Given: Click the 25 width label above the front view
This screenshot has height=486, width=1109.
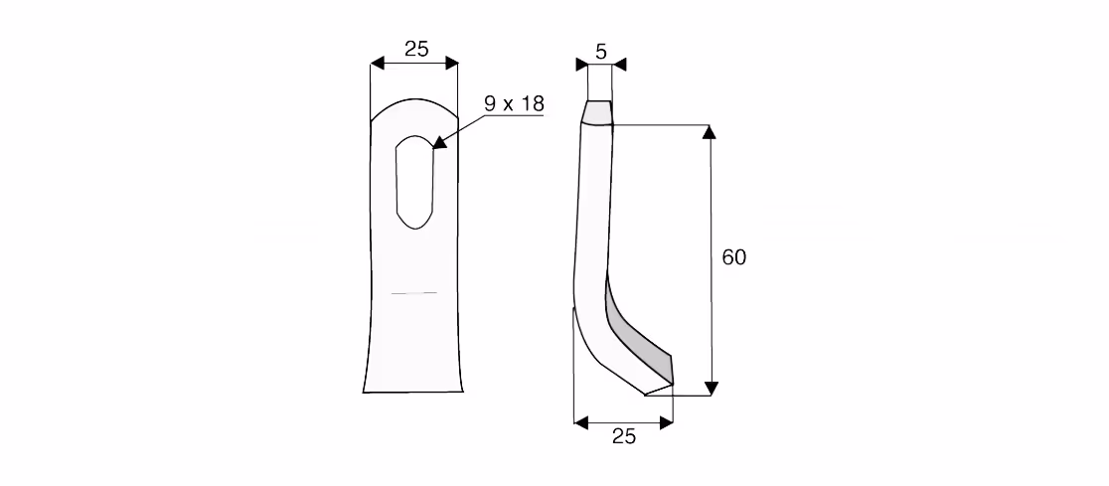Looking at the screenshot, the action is pyautogui.click(x=416, y=49).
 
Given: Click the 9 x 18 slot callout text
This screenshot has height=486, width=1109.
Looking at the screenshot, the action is pyautogui.click(x=514, y=104).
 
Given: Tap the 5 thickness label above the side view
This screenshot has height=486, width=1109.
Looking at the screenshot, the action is pyautogui.click(x=601, y=51).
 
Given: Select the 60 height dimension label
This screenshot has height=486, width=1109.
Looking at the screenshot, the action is pyautogui.click(x=733, y=256).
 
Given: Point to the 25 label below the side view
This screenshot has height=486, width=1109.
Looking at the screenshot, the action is pyautogui.click(x=624, y=436).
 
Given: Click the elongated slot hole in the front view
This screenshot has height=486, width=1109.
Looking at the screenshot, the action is pyautogui.click(x=414, y=182).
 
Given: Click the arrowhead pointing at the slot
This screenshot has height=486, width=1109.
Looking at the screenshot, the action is pyautogui.click(x=439, y=143).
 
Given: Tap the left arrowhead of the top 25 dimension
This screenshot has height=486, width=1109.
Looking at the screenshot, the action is pyautogui.click(x=378, y=64).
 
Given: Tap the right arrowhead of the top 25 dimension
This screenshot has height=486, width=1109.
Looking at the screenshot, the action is pyautogui.click(x=451, y=64).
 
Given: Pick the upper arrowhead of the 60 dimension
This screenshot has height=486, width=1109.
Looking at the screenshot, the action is pyautogui.click(x=711, y=132).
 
